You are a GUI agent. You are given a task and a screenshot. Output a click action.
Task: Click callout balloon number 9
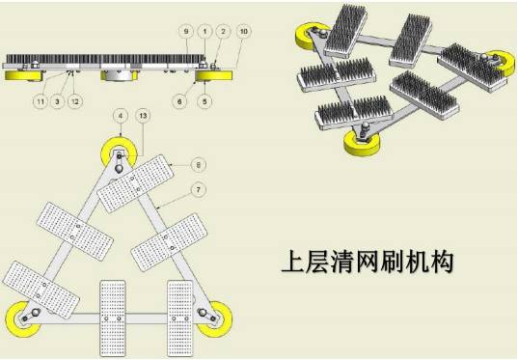186,32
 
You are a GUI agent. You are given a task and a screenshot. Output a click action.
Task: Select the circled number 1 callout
204,32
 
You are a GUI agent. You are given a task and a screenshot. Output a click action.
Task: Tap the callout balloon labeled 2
224,32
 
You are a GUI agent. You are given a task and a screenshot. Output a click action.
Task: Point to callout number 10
243,32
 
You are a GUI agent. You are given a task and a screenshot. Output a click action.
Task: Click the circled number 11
41,101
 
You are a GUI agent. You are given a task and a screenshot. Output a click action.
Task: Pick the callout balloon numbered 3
58,101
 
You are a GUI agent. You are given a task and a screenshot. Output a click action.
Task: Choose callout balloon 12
75,101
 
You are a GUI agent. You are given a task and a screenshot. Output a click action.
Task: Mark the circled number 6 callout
179,101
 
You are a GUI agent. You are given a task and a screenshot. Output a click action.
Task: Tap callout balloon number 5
204,101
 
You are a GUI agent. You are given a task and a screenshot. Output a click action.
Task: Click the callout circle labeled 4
121,116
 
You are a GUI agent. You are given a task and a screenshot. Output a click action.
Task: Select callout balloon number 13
143,116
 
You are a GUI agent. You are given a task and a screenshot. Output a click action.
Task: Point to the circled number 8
198,164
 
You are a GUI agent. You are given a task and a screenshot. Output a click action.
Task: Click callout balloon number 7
198,190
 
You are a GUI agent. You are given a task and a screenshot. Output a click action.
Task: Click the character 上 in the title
293,262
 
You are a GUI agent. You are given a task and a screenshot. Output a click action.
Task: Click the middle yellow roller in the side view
119,75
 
